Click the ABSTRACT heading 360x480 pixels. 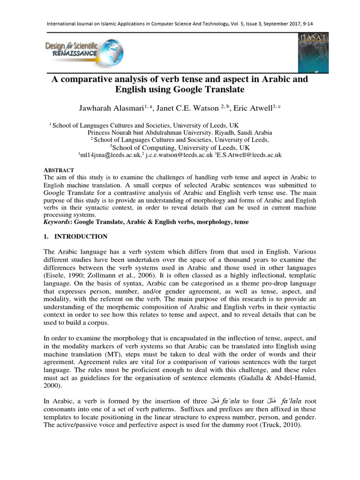59,170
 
